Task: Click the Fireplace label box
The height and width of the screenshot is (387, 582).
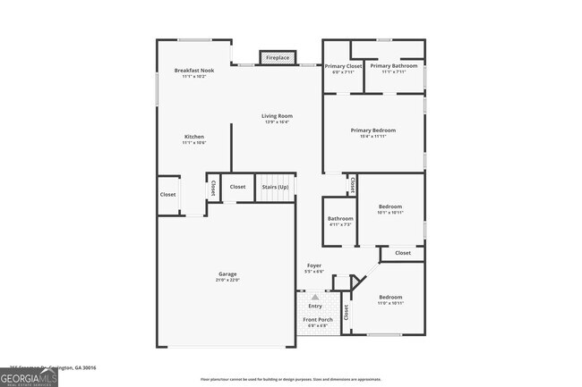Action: pyautogui.click(x=278, y=58)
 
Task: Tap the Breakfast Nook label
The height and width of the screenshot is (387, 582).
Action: pyautogui.click(x=194, y=70)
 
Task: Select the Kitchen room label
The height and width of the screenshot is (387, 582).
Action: pyautogui.click(x=194, y=137)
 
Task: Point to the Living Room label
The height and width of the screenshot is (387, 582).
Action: pyautogui.click(x=277, y=116)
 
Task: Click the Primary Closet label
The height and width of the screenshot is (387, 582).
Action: pyautogui.click(x=342, y=66)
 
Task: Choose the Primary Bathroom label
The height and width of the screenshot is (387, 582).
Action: pyautogui.click(x=393, y=66)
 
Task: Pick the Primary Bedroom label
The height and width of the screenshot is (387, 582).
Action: pyautogui.click(x=372, y=130)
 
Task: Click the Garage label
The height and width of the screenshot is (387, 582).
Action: pyautogui.click(x=227, y=273)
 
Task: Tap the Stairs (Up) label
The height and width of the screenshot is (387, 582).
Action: pyautogui.click(x=275, y=187)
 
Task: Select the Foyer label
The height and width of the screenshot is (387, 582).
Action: pyautogui.click(x=314, y=265)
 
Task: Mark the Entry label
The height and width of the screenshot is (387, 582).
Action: pyautogui.click(x=315, y=307)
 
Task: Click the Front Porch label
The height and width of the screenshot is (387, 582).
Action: pyautogui.click(x=317, y=320)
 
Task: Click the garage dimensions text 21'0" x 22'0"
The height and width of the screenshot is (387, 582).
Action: pyautogui.click(x=227, y=280)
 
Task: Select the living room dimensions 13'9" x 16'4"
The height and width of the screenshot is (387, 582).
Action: pyautogui.click(x=277, y=122)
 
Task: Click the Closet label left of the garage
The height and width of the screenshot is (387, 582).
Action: pyautogui.click(x=167, y=195)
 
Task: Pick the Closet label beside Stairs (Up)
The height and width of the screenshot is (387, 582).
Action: pyautogui.click(x=237, y=187)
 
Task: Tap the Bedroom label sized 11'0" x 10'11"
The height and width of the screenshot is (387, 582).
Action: pyautogui.click(x=390, y=298)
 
